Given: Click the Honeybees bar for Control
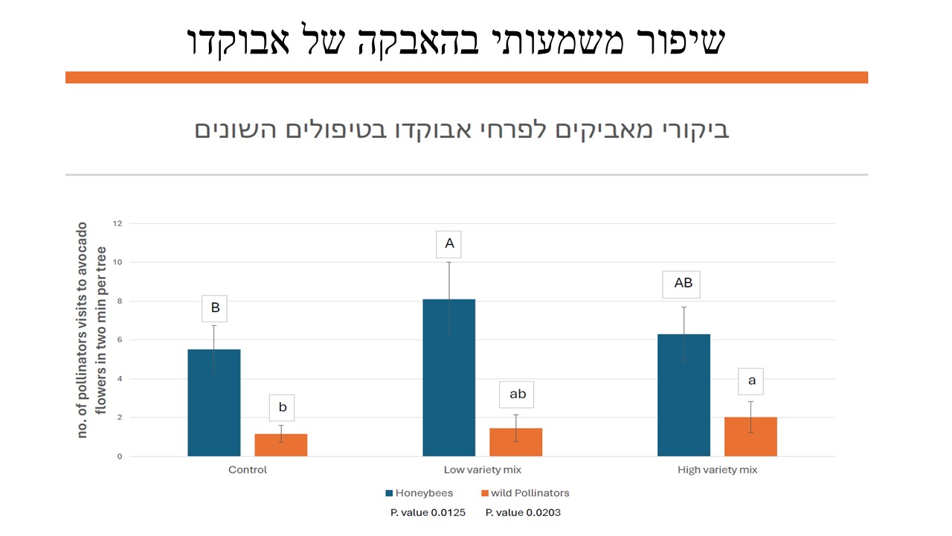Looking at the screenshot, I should (214, 403).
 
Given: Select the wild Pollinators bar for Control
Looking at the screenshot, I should (281, 445).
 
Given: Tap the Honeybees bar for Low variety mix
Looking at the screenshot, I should (449, 377).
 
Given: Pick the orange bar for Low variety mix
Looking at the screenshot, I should (515, 442).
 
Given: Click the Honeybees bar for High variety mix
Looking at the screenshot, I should (684, 395).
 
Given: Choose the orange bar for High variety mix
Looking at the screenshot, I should (750, 437).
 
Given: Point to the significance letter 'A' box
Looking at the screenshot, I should (449, 243).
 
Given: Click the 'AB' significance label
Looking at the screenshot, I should (683, 283).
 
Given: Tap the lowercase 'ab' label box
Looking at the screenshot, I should (517, 394).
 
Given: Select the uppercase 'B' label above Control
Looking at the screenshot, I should (215, 307).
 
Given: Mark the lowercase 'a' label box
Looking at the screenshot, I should (751, 380).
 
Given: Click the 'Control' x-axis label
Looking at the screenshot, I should (248, 470).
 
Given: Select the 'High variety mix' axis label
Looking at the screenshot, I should (717, 470).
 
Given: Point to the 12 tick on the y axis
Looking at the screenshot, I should (117, 223).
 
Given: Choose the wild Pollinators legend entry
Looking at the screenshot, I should (525, 493).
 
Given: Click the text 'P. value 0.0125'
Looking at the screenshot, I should (428, 512).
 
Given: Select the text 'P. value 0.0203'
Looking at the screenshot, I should (523, 512).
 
